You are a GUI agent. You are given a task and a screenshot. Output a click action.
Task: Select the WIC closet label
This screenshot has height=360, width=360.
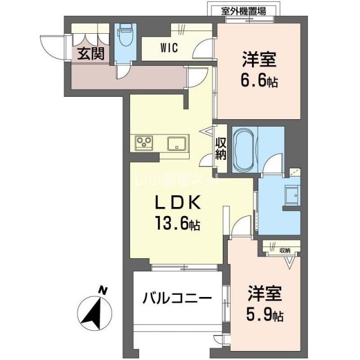(x=169, y=48)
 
